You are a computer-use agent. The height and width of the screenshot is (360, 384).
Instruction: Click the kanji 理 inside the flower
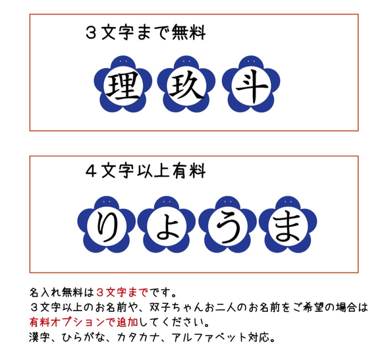pyautogui.click(x=121, y=86)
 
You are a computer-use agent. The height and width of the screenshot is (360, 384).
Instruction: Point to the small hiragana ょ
pyautogui.click(x=166, y=229)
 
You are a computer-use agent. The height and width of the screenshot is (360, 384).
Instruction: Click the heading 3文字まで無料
pyautogui.click(x=146, y=32)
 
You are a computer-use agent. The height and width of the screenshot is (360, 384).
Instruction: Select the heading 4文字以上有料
pyautogui.click(x=146, y=172)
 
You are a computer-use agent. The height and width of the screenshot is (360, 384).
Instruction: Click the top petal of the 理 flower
pyautogui.click(x=121, y=64)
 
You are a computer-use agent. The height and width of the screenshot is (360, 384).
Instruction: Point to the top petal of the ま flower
pyautogui.click(x=288, y=204)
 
